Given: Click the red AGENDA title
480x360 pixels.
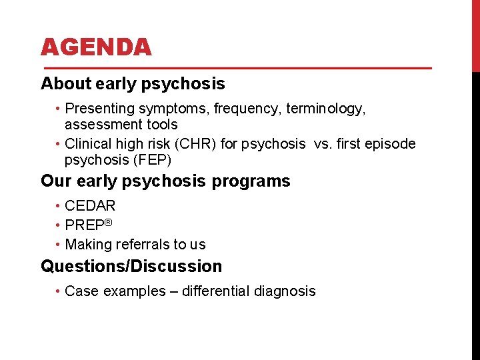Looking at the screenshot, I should pyautogui.click(x=96, y=47).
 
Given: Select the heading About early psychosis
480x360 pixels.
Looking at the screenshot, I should pyautogui.click(x=133, y=84).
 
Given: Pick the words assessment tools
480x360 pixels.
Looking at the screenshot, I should pyautogui.click(x=121, y=125).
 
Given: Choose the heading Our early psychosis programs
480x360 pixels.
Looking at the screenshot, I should pyautogui.click(x=165, y=181).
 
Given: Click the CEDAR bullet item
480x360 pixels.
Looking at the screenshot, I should pyautogui.click(x=90, y=206).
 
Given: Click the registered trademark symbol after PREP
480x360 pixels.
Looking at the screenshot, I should pyautogui.click(x=107, y=222).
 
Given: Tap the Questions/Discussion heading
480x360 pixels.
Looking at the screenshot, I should pyautogui.click(x=131, y=267).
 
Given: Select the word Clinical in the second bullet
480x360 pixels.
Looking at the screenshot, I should pyautogui.click(x=87, y=144).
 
